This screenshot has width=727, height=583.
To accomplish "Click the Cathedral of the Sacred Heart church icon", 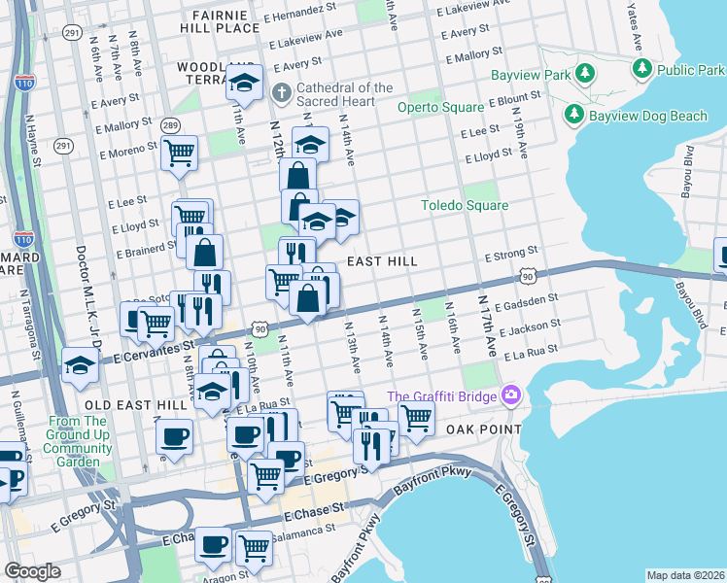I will pyautogui.click(x=281, y=94).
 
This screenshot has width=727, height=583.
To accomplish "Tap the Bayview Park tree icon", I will pyautogui.click(x=584, y=74).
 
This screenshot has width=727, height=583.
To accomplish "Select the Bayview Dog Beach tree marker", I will pyautogui.click(x=573, y=116).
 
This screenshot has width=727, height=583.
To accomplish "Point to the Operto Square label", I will pyautogui.click(x=441, y=107).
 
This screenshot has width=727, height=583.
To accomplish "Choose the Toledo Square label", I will pyautogui.click(x=464, y=205).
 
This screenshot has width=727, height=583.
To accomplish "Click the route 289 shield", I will pyautogui.click(x=170, y=125).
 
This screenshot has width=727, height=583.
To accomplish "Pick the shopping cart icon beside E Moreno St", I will pyautogui.click(x=180, y=152).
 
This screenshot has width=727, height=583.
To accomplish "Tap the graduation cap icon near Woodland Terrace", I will pyautogui.click(x=245, y=83).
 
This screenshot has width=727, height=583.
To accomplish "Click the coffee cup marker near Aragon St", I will pyautogui.click(x=213, y=544).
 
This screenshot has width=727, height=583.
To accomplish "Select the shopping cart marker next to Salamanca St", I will pyautogui.click(x=254, y=546).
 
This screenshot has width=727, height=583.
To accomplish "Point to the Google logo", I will pyautogui.click(x=32, y=571).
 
